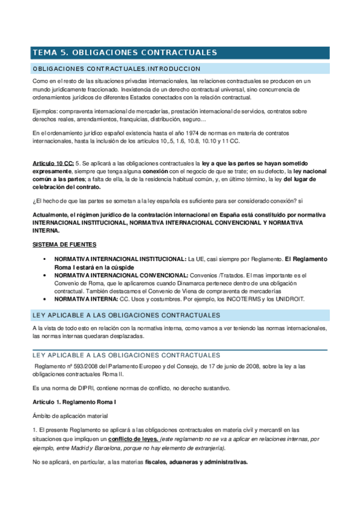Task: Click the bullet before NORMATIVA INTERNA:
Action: point(46,299)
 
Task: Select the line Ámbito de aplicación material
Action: point(70,415)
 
